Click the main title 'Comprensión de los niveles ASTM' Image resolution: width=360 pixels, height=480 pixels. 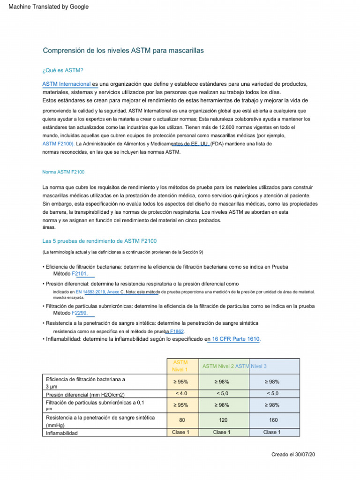[x=123, y=50]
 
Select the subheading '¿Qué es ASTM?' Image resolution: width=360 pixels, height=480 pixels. [x=63, y=70]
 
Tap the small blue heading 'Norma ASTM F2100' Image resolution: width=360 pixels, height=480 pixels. [x=63, y=172]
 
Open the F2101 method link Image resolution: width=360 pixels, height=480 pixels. [x=80, y=273]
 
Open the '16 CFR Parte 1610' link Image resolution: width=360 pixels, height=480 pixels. [x=233, y=339]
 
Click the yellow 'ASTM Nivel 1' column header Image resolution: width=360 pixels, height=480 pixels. [x=180, y=366]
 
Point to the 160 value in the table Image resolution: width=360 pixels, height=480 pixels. [x=273, y=421]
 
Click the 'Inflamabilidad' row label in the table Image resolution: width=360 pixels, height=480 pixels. [x=62, y=433]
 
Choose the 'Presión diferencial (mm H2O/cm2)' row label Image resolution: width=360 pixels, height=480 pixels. [x=85, y=395]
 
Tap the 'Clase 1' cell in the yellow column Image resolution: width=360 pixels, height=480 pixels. [x=180, y=432]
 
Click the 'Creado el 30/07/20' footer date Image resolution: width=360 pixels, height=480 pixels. [x=293, y=455]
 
